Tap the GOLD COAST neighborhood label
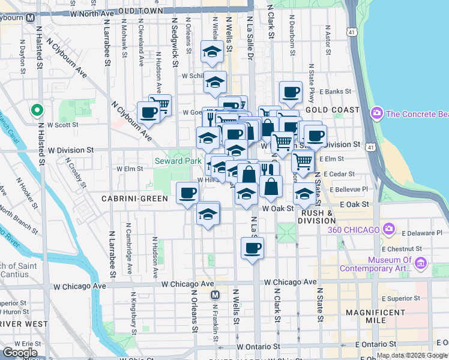(x=333, y=110)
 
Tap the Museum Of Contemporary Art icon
(x=421, y=263)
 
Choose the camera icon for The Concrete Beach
(x=378, y=113)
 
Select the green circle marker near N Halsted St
(x=37, y=110)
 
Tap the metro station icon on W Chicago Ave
(x=214, y=295)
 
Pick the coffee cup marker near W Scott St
(x=148, y=112)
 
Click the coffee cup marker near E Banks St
(x=291, y=92)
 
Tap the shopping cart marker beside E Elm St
(x=303, y=161)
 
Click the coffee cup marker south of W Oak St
(x=252, y=247)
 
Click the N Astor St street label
(x=328, y=39)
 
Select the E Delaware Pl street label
(x=423, y=232)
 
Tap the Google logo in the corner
(x=20, y=353)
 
